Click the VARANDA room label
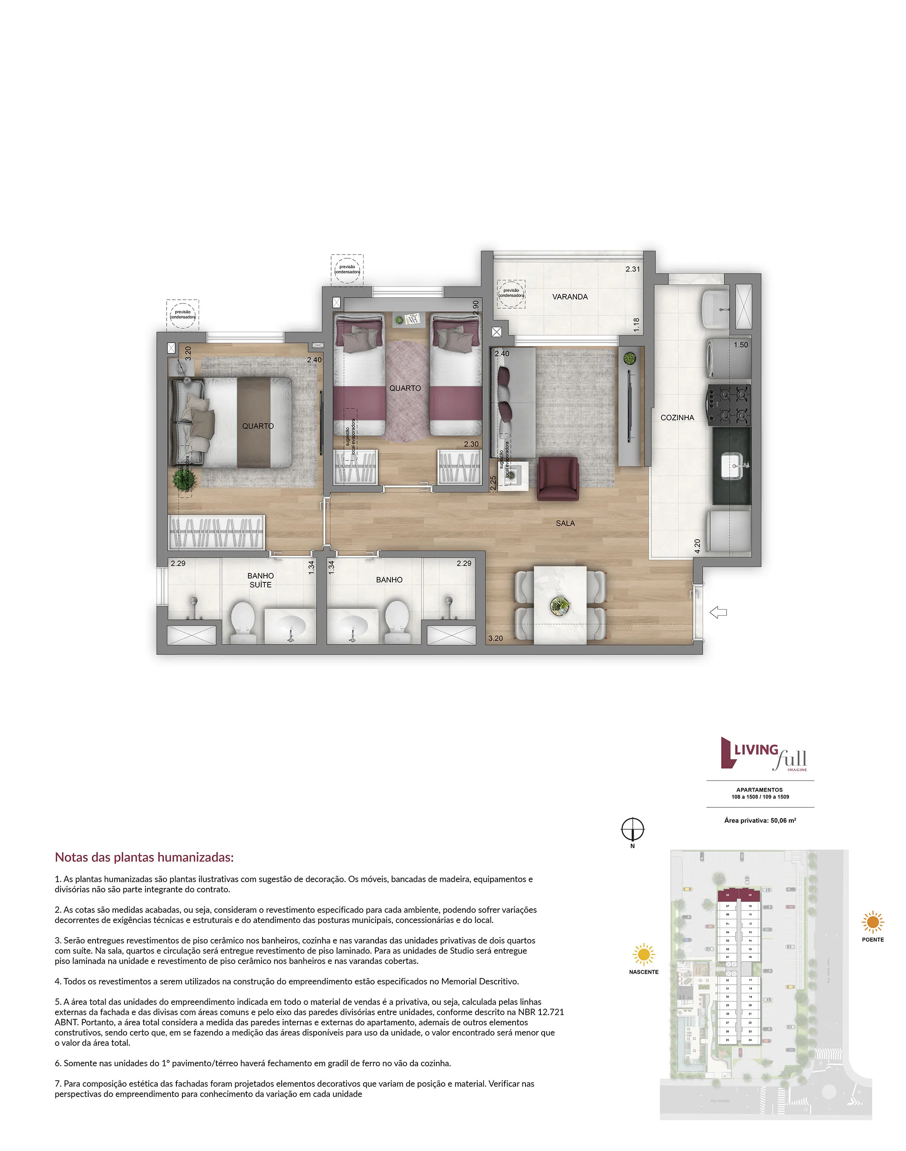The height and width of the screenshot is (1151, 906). (x=570, y=297)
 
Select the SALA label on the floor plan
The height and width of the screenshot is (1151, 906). (x=565, y=523)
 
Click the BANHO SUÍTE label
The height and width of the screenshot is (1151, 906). (x=260, y=580)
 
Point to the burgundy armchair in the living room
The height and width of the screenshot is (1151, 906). (x=557, y=478)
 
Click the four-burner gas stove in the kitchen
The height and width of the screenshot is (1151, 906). (x=728, y=405)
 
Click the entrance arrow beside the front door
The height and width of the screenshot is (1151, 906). (x=718, y=613)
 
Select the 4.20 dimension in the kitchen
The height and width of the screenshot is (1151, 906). (x=697, y=546)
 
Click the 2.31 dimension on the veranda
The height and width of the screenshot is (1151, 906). (x=632, y=269)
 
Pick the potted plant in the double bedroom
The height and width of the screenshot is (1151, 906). (x=184, y=480)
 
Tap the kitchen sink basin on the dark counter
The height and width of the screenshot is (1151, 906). (x=732, y=466)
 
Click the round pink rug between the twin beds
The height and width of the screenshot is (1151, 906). (x=405, y=391)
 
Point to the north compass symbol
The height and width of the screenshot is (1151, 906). (x=632, y=829)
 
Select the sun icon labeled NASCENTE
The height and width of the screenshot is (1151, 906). (x=643, y=954)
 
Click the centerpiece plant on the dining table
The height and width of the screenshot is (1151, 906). (x=559, y=604)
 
